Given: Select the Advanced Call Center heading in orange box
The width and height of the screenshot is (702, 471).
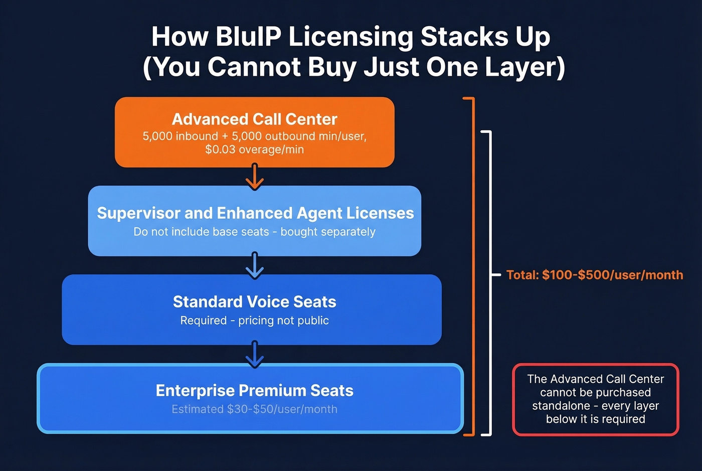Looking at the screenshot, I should (x=254, y=119).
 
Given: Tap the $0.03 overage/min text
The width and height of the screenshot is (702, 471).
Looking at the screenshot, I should (x=254, y=149).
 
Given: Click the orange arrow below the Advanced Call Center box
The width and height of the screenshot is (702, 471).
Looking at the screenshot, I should (x=254, y=178).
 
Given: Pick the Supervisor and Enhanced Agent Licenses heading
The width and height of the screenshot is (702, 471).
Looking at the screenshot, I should (x=255, y=213).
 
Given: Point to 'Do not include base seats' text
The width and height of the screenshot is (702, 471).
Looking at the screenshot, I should (x=201, y=232).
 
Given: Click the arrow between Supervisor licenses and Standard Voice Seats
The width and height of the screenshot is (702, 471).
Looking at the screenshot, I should (x=254, y=265).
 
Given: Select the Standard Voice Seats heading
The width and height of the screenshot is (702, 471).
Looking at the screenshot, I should (x=254, y=301).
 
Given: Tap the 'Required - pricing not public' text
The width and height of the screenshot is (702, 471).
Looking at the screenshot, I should (x=254, y=321).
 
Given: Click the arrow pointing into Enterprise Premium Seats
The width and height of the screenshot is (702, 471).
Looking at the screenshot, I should (x=254, y=354).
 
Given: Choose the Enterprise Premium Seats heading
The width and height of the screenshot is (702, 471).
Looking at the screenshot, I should (x=254, y=390).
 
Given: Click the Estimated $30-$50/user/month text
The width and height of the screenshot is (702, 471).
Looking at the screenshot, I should (x=254, y=409).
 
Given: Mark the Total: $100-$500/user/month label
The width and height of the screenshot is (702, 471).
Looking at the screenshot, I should (x=595, y=275).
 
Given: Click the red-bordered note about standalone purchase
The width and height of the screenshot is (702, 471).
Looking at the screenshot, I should (x=595, y=399).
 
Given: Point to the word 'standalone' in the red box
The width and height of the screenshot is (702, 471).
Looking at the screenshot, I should (x=561, y=406).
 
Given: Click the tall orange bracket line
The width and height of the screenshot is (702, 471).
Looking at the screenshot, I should (x=473, y=266).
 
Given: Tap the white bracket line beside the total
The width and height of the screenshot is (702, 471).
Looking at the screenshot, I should (x=490, y=281).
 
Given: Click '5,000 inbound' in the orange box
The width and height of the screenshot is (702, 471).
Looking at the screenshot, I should (x=180, y=136).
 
